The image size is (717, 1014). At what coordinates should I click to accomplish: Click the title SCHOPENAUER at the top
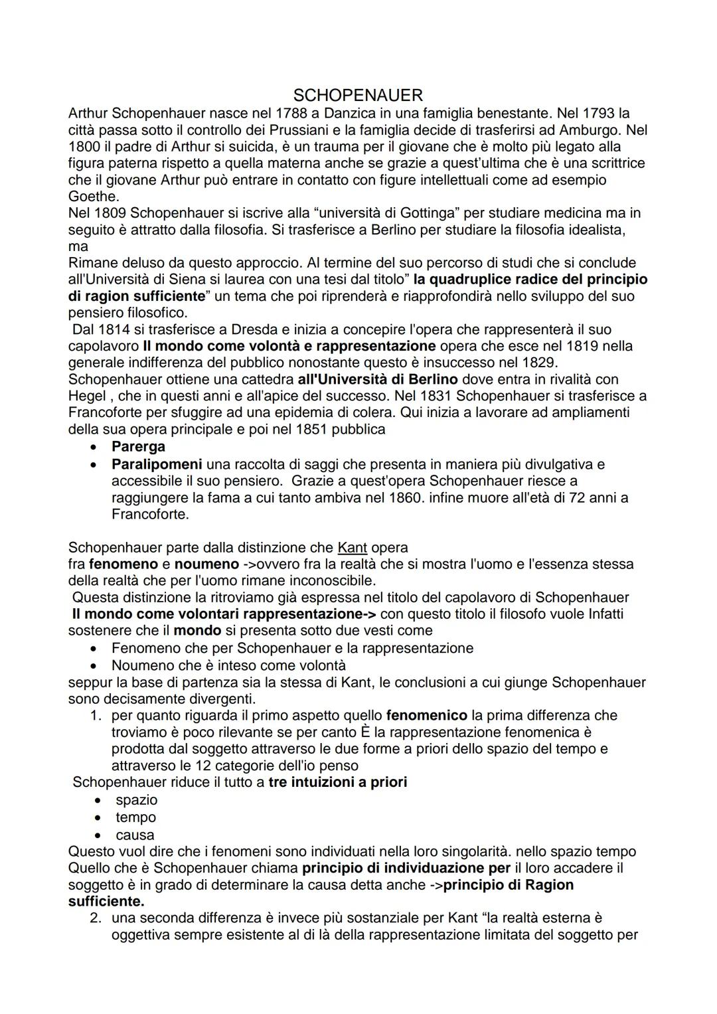358,95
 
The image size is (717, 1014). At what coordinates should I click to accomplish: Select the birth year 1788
293,113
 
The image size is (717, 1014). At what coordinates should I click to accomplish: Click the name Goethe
93,196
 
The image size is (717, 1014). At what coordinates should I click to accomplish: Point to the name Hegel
86,396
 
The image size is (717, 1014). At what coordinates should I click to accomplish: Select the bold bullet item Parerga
138,446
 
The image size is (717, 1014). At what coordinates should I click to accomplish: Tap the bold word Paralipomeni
157,464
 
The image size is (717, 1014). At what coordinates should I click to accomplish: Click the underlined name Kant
353,548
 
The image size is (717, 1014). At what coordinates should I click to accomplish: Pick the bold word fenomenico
427,715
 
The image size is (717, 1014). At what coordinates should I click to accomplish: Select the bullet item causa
135,835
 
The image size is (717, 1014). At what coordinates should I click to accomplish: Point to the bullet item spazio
137,800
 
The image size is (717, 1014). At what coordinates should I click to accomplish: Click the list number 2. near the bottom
96,918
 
